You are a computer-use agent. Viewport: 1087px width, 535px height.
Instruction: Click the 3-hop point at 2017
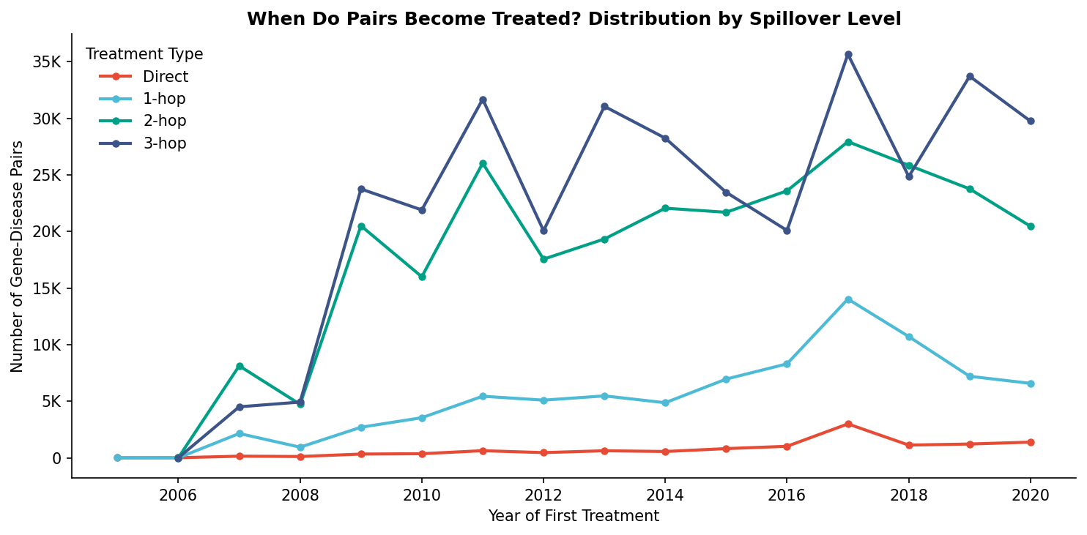click(848, 55)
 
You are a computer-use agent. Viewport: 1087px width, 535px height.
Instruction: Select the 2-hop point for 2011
click(483, 164)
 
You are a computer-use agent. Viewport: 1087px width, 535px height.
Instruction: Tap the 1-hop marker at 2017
click(848, 299)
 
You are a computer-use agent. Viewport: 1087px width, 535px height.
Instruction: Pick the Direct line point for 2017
click(848, 424)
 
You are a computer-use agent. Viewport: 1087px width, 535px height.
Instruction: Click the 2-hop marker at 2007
click(240, 366)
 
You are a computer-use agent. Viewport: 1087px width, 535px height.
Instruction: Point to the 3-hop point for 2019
click(970, 77)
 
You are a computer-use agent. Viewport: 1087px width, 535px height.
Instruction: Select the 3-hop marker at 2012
click(543, 231)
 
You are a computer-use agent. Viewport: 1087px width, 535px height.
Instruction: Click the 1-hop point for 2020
click(1031, 384)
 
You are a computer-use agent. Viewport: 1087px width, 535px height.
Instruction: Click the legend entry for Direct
click(165, 77)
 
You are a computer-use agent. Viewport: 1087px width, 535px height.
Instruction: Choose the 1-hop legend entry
click(164, 99)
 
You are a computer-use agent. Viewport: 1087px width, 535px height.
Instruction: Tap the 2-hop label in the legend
click(164, 121)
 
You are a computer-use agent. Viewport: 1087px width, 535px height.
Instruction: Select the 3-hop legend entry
click(164, 144)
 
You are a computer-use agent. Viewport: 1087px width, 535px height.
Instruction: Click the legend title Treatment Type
click(144, 54)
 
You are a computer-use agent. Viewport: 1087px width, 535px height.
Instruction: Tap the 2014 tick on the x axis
click(665, 495)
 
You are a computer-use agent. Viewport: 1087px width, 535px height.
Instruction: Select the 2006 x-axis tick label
click(178, 495)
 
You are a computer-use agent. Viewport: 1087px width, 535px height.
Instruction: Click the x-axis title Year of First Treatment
click(574, 516)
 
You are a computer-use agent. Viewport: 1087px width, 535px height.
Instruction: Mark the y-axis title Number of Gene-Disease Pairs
click(18, 256)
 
